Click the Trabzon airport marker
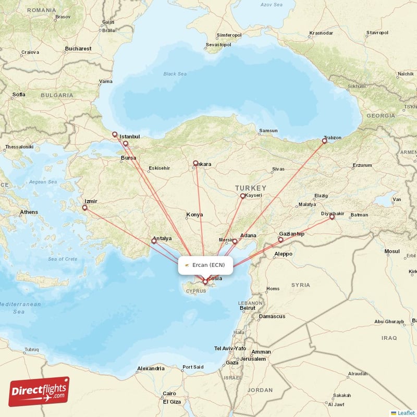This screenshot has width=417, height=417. (x=324, y=141)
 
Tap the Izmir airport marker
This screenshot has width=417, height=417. (x=84, y=207)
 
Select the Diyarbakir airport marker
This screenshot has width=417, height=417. (x=332, y=218)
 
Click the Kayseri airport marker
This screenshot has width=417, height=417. (x=242, y=196)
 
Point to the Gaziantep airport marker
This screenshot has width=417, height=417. (x=280, y=240)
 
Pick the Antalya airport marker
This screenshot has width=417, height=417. (x=154, y=241)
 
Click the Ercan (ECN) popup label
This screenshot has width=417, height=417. (x=205, y=265)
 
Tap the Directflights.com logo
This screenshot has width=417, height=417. (x=39, y=391)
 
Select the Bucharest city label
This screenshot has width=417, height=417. (x=78, y=48)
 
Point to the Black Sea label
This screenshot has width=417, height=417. (x=175, y=74)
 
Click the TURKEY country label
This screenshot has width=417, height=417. (x=250, y=188)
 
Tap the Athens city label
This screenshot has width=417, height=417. (x=29, y=212)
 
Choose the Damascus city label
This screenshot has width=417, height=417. (x=272, y=316)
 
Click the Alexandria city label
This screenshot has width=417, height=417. (x=151, y=369)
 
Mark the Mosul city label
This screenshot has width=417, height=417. (x=391, y=251)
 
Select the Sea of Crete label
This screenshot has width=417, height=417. (x=63, y=259)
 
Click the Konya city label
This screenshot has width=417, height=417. (x=194, y=215)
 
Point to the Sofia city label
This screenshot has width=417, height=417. (x=19, y=94)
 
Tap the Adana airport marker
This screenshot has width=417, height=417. (x=235, y=241)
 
